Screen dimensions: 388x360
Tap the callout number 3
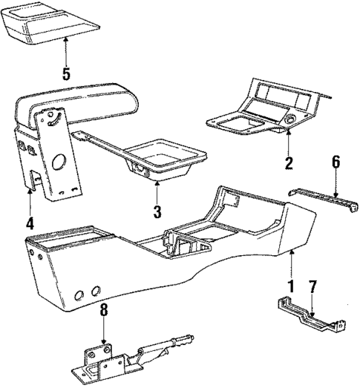[156, 211]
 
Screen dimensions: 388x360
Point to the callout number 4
[30, 221]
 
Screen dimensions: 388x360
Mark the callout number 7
[312, 287]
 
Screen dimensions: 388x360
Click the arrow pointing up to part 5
[66, 50]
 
